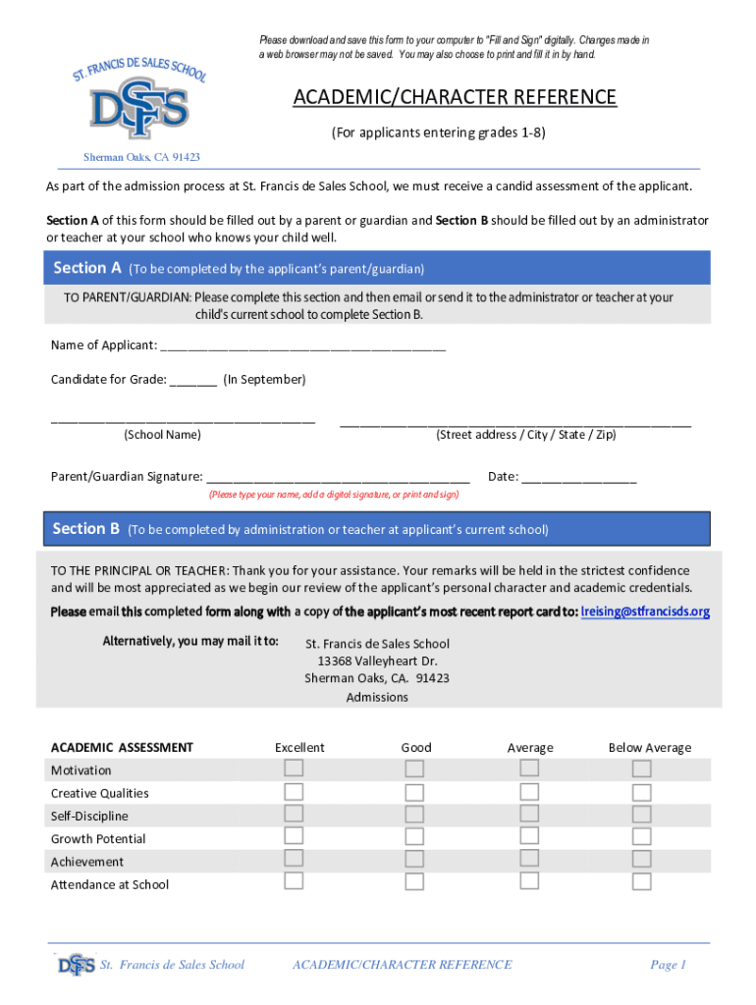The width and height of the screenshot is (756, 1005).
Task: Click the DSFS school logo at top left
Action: pyautogui.click(x=136, y=103)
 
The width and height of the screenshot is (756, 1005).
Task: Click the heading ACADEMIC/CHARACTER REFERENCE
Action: pyautogui.click(x=454, y=97)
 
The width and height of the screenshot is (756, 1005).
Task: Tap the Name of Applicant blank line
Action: pyautogui.click(x=302, y=346)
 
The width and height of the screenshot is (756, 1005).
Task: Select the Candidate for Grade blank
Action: pyautogui.click(x=193, y=381)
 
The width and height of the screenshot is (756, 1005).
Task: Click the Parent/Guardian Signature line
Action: pyautogui.click(x=339, y=478)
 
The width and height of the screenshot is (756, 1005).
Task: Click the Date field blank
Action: pyautogui.click(x=579, y=478)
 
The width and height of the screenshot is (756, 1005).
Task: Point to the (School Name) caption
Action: pyautogui.click(x=162, y=435)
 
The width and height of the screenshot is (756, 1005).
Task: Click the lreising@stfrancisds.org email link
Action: pyautogui.click(x=645, y=611)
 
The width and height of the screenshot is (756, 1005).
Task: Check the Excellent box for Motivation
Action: pyautogui.click(x=294, y=767)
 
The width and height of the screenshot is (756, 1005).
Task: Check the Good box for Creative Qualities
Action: pyautogui.click(x=414, y=792)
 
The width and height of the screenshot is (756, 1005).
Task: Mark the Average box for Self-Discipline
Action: pyautogui.click(x=529, y=814)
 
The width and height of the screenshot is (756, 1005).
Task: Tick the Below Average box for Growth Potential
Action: pyautogui.click(x=641, y=836)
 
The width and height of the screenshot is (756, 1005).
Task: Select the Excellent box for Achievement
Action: pyautogui.click(x=294, y=859)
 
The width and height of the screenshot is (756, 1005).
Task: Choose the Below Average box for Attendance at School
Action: pyautogui.click(x=641, y=881)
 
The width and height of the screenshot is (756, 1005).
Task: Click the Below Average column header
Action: pyautogui.click(x=649, y=748)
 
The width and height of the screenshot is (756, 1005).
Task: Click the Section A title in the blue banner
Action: pyautogui.click(x=87, y=268)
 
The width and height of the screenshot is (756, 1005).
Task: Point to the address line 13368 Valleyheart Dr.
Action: pyautogui.click(x=377, y=661)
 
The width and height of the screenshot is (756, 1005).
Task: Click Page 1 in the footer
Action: pyautogui.click(x=668, y=965)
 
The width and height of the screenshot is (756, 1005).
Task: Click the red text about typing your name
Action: pyautogui.click(x=334, y=495)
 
